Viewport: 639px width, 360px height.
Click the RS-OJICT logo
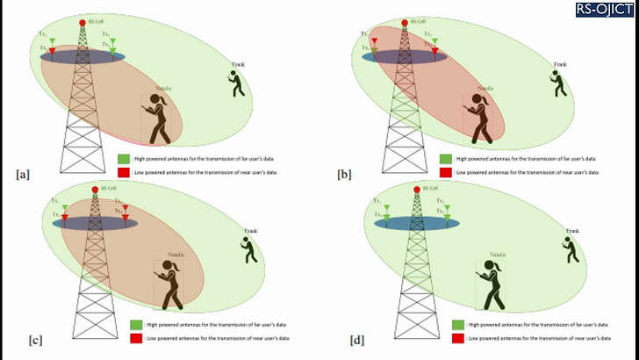pos(605,10)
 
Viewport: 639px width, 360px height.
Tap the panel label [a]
pos(23,174)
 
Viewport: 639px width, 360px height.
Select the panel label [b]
pos(344,174)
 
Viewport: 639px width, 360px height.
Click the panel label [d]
pos(356,338)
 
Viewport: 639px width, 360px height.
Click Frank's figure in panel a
pos(236,83)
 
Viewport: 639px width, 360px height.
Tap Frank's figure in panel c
pos(251,249)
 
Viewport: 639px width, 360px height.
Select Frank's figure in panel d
pos(572,249)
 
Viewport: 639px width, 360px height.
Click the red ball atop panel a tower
pos(83,22)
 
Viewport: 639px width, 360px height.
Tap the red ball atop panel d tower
pos(417,188)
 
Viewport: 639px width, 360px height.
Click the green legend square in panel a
pos(124,159)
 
